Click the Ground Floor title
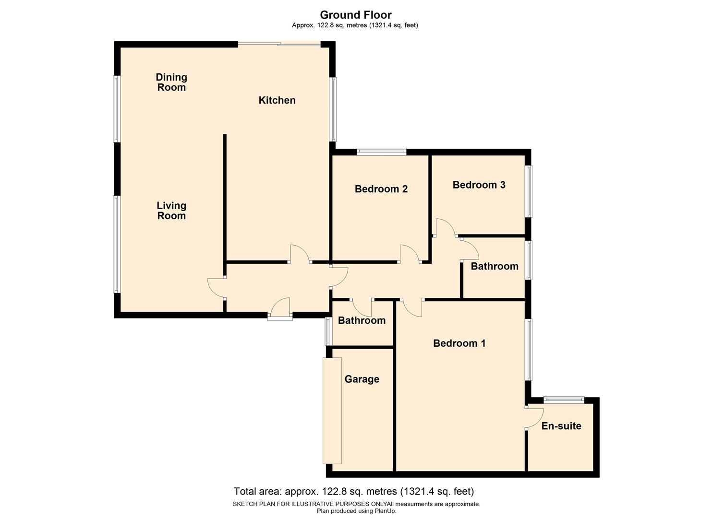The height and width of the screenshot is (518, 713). pos(356,15)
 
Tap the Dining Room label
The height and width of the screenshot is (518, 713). pos(171,82)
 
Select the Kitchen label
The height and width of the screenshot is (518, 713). pos(277,100)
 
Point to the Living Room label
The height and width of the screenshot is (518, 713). pos(171,211)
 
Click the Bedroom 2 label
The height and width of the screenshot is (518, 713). pos(381,189)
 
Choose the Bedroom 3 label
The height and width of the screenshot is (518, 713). pos(479,185)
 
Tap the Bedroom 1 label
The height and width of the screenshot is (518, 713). pos(459,343)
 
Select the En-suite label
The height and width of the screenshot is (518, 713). pos(561,426)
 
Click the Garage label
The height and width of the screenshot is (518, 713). pos(362,379)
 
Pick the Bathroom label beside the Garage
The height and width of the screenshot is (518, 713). pos(362,320)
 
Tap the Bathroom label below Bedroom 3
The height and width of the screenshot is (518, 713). pos(494,266)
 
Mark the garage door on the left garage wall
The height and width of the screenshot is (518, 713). pos(332,411)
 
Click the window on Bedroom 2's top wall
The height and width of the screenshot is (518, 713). pos(382,152)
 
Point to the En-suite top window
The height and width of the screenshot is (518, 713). pos(564,399)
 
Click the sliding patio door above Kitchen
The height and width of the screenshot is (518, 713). pos(279,45)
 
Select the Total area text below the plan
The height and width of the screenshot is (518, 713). pos(353,492)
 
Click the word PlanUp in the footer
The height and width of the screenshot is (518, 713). pos(384,511)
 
